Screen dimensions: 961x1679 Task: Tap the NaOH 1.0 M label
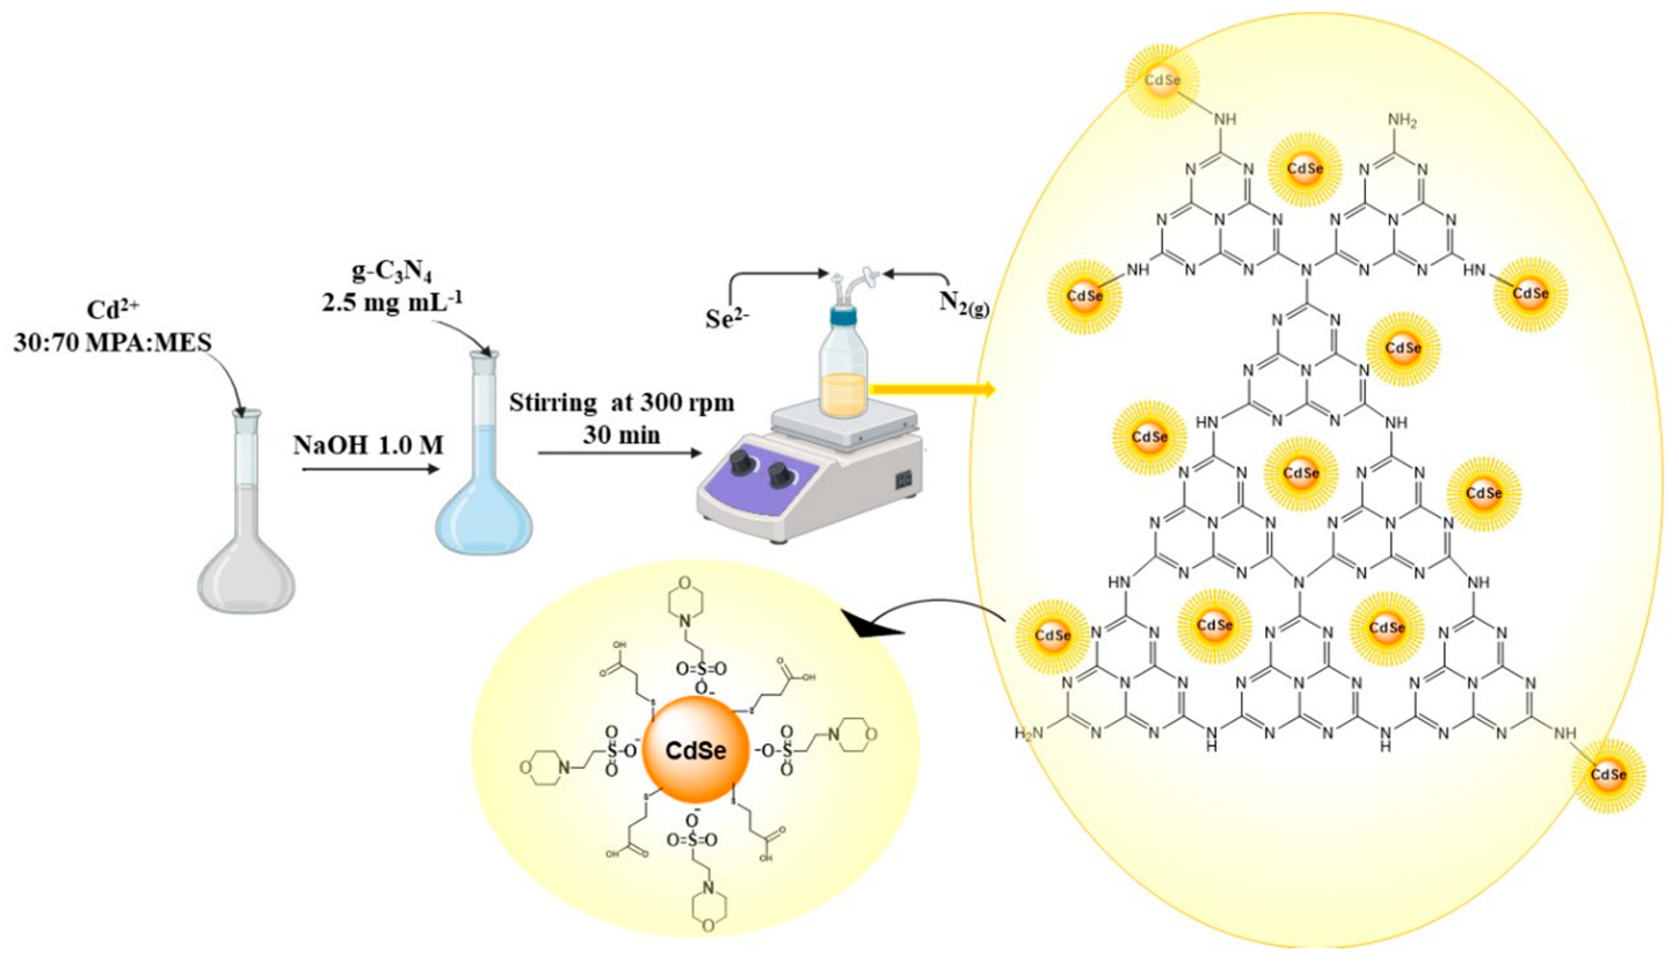[x=369, y=445]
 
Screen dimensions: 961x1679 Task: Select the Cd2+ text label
[x=114, y=310]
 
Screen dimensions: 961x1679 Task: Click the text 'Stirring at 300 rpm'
[x=621, y=402]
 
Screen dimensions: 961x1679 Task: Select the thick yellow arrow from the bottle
[x=931, y=389]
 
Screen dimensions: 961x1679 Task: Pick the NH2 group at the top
[x=1401, y=121]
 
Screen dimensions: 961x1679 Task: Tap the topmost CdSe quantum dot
[x=1162, y=81]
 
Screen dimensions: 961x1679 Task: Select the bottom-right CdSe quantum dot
[x=1608, y=774]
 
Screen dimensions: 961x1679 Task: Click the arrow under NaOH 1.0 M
[x=370, y=469]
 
